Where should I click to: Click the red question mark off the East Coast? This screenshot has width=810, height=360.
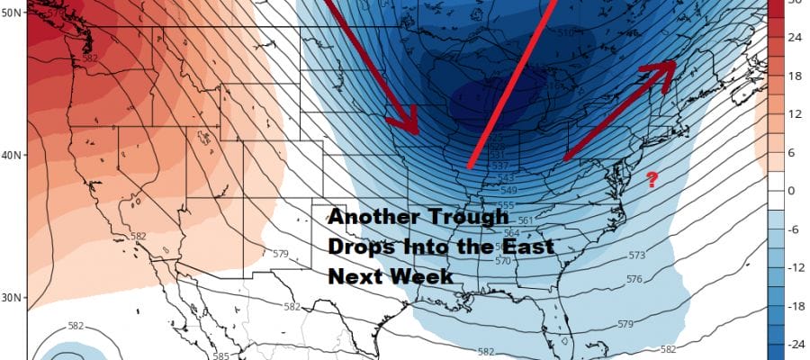click(x=652, y=179)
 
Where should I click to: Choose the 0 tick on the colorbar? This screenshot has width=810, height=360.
click(x=796, y=191)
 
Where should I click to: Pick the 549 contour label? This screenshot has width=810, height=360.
click(x=509, y=190)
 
